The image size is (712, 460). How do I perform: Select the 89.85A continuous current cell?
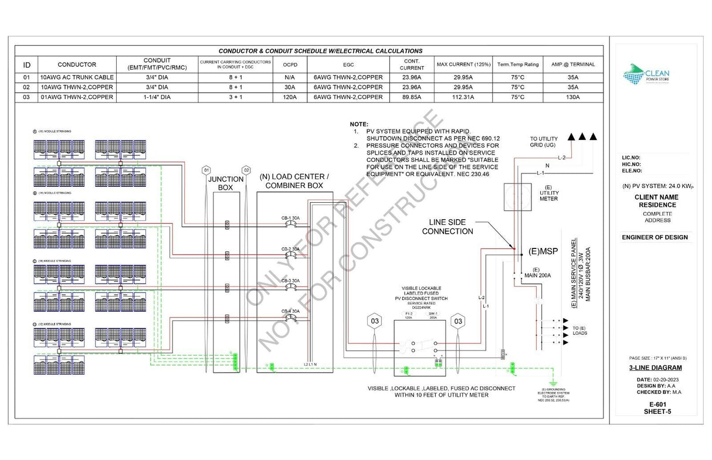(x=412, y=97)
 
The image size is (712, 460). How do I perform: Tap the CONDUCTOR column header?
(x=77, y=64)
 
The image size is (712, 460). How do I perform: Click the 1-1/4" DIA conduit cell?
(x=156, y=97)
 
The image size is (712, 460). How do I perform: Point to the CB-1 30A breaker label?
(x=290, y=218)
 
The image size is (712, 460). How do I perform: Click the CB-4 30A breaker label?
(x=290, y=311)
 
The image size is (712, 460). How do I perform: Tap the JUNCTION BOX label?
(x=226, y=183)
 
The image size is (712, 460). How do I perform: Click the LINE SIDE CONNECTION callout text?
(x=451, y=227)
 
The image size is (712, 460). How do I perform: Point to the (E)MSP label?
(x=543, y=251)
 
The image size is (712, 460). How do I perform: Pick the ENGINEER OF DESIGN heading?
(x=655, y=237)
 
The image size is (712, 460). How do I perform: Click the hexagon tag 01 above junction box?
(x=206, y=170)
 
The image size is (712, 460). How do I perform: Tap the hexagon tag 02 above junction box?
(x=246, y=170)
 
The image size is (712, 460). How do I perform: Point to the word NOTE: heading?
(x=359, y=125)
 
